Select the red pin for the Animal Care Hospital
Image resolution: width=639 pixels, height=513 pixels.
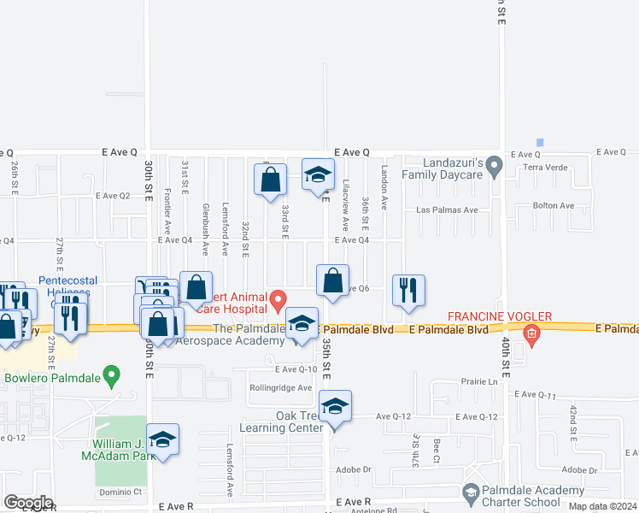278,300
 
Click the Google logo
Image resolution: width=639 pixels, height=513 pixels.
27,503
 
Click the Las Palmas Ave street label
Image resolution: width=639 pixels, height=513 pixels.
445,209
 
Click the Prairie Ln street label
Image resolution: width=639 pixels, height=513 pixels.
478,381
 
